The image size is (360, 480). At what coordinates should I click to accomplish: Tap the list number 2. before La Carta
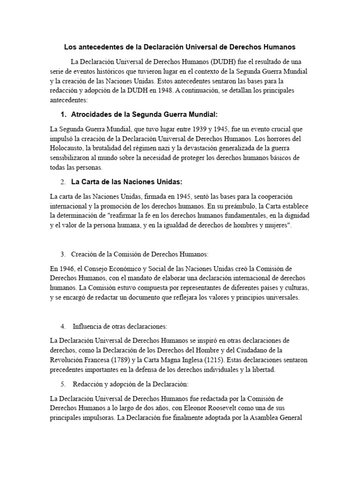tap(63, 181)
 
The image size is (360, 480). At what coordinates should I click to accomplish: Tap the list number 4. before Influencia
tap(63, 326)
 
